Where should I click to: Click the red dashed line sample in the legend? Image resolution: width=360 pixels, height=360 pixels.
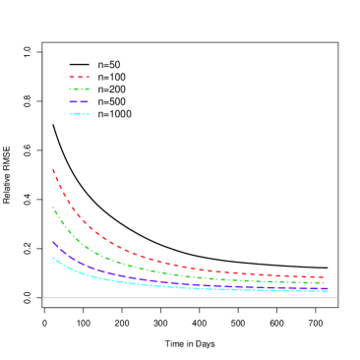pyautogui.click(x=79, y=77)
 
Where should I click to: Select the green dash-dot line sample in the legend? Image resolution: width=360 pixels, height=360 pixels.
pyautogui.click(x=79, y=90)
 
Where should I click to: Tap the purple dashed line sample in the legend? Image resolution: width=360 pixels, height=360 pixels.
pyautogui.click(x=79, y=101)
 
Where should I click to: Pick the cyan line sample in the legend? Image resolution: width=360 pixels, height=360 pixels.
pyautogui.click(x=79, y=114)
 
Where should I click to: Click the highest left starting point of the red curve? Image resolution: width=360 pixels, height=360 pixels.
pyautogui.click(x=53, y=169)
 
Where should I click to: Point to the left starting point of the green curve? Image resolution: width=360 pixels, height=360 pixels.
pyautogui.click(x=53, y=208)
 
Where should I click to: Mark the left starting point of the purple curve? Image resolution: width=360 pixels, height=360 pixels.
pyautogui.click(x=53, y=241)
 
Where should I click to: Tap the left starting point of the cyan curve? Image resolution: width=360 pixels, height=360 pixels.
pyautogui.click(x=53, y=258)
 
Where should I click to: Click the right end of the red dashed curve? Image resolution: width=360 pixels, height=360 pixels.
pyautogui.click(x=324, y=276)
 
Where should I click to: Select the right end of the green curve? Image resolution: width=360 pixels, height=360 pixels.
pyautogui.click(x=324, y=283)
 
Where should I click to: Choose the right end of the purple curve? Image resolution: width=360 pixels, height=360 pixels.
pyautogui.click(x=328, y=288)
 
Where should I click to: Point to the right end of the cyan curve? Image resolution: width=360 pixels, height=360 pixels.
pyautogui.click(x=328, y=291)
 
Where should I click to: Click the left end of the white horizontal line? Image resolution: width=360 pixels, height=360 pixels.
pyautogui.click(x=43, y=297)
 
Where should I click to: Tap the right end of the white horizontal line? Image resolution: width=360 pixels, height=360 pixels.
pyautogui.click(x=337, y=297)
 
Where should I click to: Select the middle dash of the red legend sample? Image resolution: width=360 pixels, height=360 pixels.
pyautogui.click(x=79, y=77)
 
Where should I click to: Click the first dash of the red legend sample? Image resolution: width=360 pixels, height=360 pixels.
pyautogui.click(x=71, y=77)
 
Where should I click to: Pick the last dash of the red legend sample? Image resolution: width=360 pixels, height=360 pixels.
pyautogui.click(x=87, y=77)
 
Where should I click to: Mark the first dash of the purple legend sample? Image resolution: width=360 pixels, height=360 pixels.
pyautogui.click(x=72, y=101)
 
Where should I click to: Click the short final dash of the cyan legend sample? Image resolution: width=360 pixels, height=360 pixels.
pyautogui.click(x=89, y=114)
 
